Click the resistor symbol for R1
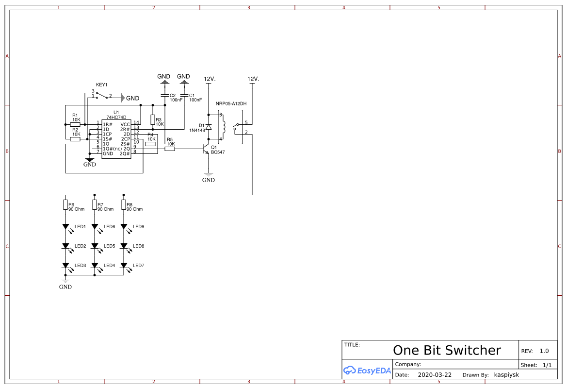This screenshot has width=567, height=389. [75, 124]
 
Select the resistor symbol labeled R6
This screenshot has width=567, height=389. [65, 204]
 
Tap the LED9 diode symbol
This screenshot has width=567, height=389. [124, 226]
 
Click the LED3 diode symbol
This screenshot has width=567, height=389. [65, 266]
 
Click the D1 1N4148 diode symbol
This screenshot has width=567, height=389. [209, 127]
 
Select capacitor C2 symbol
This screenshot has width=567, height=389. [164, 95]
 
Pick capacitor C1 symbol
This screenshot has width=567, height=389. [184, 95]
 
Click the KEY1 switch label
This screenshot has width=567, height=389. [101, 85]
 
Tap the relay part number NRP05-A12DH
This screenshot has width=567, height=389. [232, 104]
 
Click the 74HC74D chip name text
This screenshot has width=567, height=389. [116, 118]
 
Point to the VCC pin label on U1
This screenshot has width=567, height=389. [125, 124]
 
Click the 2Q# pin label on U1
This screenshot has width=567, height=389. [125, 153]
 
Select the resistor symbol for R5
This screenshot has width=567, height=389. [170, 149]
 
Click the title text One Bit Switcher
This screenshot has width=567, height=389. [446, 350]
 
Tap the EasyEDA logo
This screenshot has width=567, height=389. [367, 371]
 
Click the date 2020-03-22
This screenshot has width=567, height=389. [434, 375]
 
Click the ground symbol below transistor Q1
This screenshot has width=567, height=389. [209, 174]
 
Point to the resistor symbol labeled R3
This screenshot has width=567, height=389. [153, 119]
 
